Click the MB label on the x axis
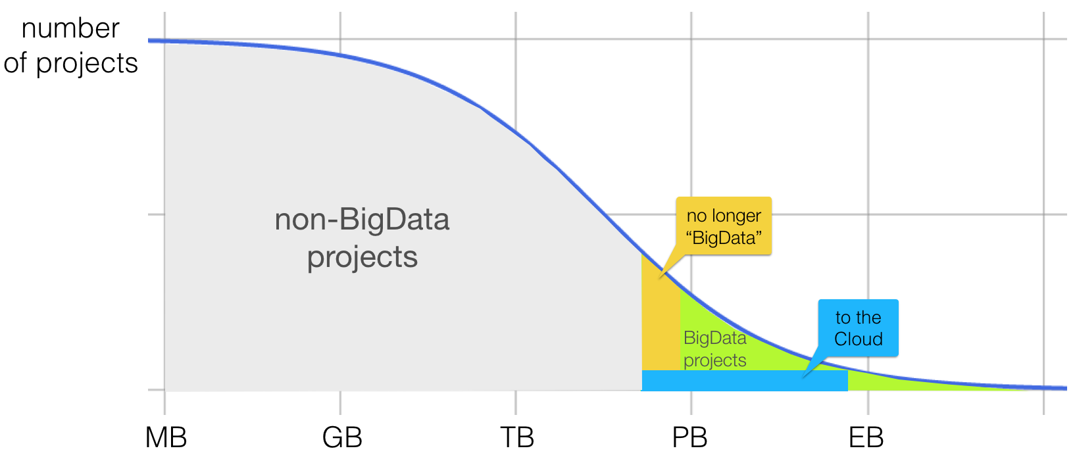166,437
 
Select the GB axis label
342,437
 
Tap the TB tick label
517,437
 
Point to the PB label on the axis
689,437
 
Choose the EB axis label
866,437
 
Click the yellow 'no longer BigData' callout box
724,226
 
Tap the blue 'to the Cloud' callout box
858,328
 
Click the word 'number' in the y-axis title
70,29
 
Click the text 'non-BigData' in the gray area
362,220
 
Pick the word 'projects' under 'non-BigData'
362,258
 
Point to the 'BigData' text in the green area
715,338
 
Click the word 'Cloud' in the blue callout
859,339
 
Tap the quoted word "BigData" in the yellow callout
724,237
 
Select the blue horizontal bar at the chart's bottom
745,380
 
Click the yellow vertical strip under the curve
661,326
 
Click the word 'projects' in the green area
715,361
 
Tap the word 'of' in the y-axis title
15,63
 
